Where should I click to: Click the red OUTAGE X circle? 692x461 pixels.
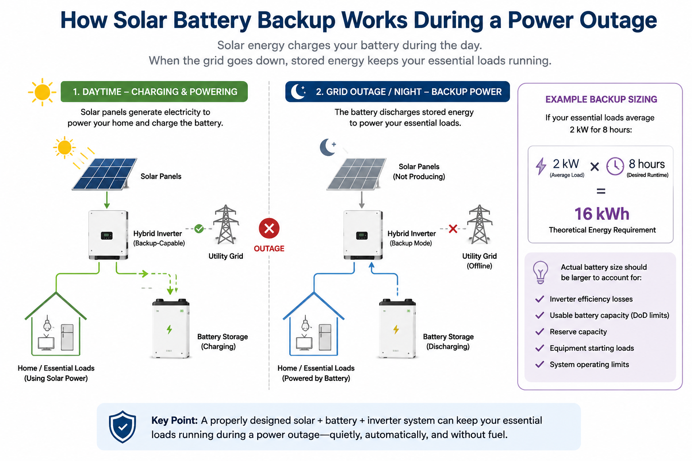coord(269,229)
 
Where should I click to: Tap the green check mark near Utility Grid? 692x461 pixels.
coord(199,229)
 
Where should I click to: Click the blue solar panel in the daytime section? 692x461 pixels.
coord(105,173)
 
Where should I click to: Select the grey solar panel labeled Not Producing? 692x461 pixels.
coord(356,174)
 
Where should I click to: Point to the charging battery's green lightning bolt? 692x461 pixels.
coord(169,329)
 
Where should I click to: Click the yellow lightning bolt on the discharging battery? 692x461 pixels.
coord(396,329)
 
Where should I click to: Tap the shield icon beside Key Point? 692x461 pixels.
coord(123,427)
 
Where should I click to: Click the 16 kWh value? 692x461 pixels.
coord(602,214)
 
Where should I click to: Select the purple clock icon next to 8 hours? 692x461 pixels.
coord(615,167)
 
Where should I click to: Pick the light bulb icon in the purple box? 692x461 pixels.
coord(540,272)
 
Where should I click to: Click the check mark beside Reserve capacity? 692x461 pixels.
coord(540,332)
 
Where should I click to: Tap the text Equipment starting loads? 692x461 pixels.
coord(592,348)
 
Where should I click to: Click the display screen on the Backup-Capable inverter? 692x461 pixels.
coord(107,235)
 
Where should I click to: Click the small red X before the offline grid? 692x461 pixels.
coord(453,229)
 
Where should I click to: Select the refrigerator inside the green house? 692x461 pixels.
coord(67,337)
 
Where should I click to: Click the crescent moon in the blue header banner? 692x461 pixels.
coord(298,91)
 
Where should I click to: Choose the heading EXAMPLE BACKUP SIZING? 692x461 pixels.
coord(601,99)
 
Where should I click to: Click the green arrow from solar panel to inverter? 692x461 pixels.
coord(107,200)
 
